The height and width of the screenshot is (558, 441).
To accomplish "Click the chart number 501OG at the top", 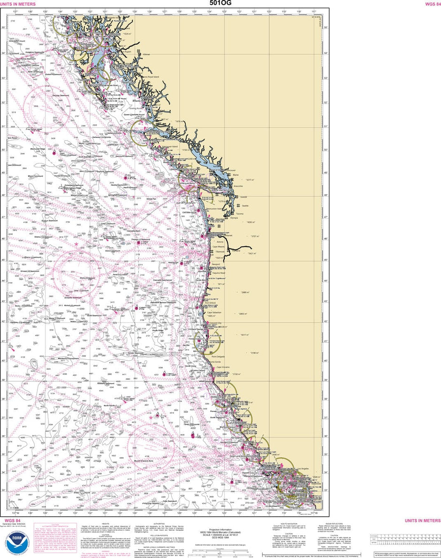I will pos(220,3).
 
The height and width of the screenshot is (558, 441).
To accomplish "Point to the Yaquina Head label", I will pos(219,273).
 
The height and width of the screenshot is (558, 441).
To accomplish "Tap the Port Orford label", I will pos(210,303).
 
